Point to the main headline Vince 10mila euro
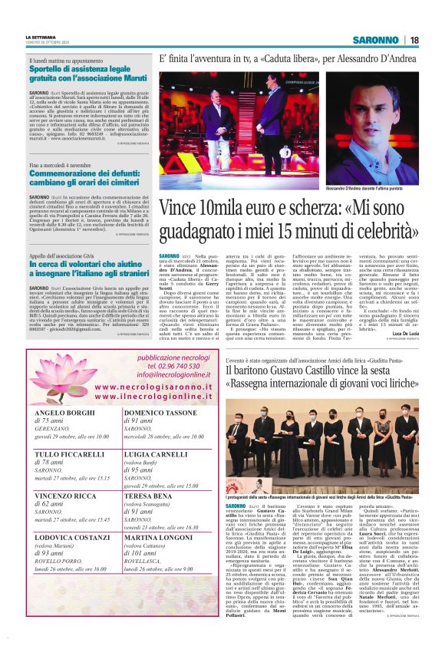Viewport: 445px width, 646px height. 288,218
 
